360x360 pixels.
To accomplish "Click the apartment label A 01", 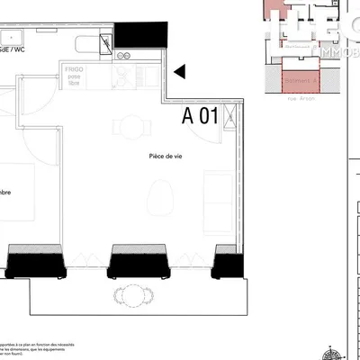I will (x=201, y=115).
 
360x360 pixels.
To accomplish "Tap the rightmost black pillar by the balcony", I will (x=229, y=265).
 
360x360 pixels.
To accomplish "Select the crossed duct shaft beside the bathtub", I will (x=106, y=41).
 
